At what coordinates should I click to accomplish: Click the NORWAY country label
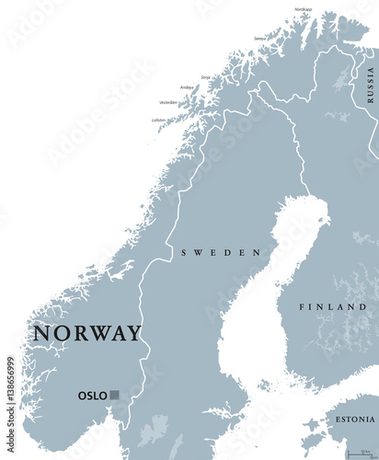point(87,333)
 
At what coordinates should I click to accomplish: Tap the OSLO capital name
point(92,396)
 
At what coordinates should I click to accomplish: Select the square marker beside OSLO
point(114,396)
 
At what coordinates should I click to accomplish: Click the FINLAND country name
point(332,306)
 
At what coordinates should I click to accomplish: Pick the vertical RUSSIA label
point(370,83)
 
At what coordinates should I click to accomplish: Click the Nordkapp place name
point(303,9)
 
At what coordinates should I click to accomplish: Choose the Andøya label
point(186,87)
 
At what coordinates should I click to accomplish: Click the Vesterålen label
point(167,103)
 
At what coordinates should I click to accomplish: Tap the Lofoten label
point(159,121)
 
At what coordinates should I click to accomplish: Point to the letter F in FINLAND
point(303,306)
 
